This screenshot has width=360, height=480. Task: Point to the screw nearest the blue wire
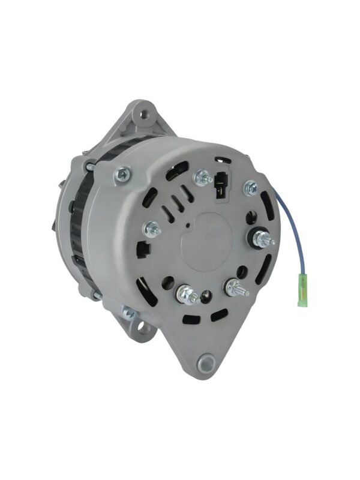click(x=249, y=188)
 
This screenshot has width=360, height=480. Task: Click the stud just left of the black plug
click(x=202, y=177)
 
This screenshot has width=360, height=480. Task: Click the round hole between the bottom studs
click(x=207, y=295)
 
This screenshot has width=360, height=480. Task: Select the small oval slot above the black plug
click(x=221, y=160)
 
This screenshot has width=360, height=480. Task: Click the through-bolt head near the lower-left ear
click(x=127, y=312)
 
